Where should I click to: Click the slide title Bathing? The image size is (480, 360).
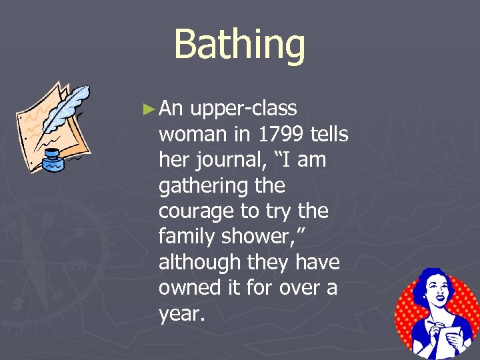239,45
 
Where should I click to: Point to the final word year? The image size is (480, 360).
179,314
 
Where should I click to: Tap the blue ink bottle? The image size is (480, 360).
53,161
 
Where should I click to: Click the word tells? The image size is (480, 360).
329,135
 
